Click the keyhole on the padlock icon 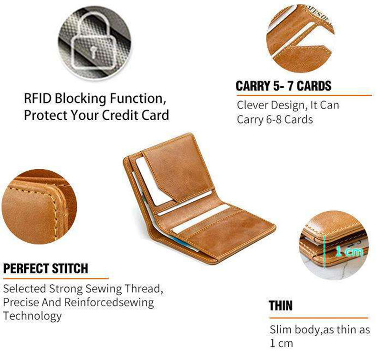(93, 52)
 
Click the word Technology (32, 316)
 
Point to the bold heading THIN (281, 306)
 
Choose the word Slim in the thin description (280, 329)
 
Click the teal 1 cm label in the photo (349, 251)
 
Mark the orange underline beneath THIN (319, 318)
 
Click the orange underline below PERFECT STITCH (56, 278)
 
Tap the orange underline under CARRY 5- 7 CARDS (304, 95)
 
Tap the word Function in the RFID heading (138, 99)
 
